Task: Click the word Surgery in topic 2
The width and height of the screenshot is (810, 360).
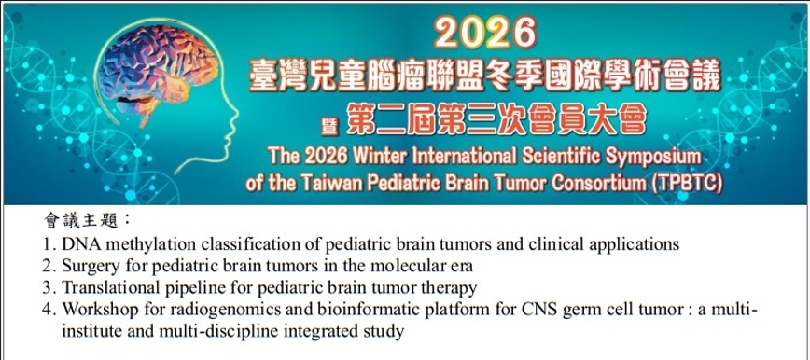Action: point(91,266)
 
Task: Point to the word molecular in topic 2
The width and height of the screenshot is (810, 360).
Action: point(377,266)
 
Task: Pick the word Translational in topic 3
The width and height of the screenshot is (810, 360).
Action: point(106,287)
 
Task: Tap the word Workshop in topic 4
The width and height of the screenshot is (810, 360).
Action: point(98,310)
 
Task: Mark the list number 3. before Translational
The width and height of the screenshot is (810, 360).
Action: point(49,287)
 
